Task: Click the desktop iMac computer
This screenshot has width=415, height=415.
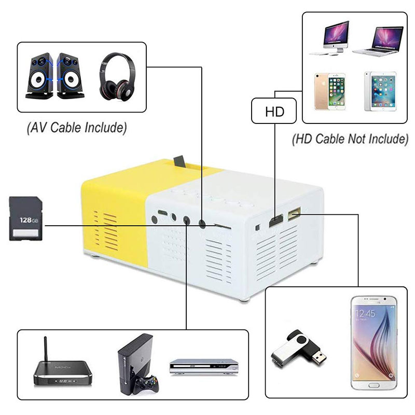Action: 328,37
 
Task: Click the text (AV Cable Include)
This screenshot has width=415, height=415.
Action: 77,128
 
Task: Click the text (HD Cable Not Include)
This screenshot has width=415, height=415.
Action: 350,139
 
